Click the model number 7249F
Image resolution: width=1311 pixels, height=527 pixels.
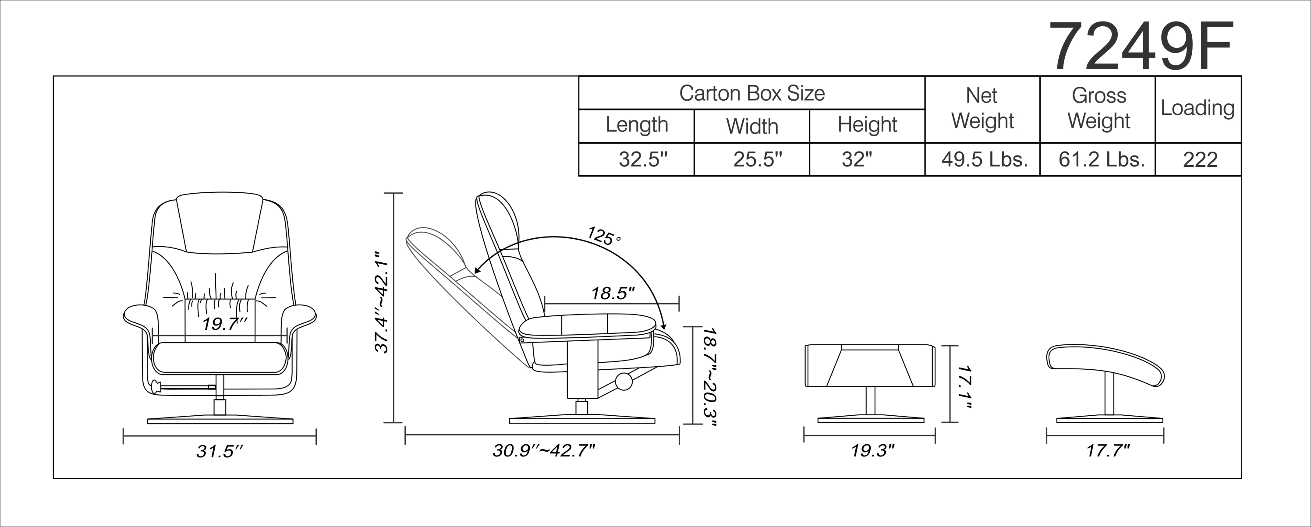[1140, 47]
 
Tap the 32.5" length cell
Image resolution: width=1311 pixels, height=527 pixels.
[642, 160]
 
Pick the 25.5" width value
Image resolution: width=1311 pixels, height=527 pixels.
[757, 160]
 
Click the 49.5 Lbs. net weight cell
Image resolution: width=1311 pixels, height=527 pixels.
[984, 160]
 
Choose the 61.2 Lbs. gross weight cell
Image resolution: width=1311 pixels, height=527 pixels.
[1101, 160]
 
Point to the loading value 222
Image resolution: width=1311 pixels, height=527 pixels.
[1200, 160]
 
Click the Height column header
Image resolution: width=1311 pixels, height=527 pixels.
[867, 124]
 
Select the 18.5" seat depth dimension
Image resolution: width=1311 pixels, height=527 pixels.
[612, 294]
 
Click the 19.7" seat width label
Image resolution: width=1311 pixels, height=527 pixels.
[224, 324]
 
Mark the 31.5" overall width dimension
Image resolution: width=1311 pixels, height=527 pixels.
[220, 451]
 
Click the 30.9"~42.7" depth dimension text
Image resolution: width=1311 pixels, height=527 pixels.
[543, 451]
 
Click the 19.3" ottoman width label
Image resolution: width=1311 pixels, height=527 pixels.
[872, 451]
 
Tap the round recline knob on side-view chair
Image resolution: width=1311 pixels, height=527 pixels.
[624, 381]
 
